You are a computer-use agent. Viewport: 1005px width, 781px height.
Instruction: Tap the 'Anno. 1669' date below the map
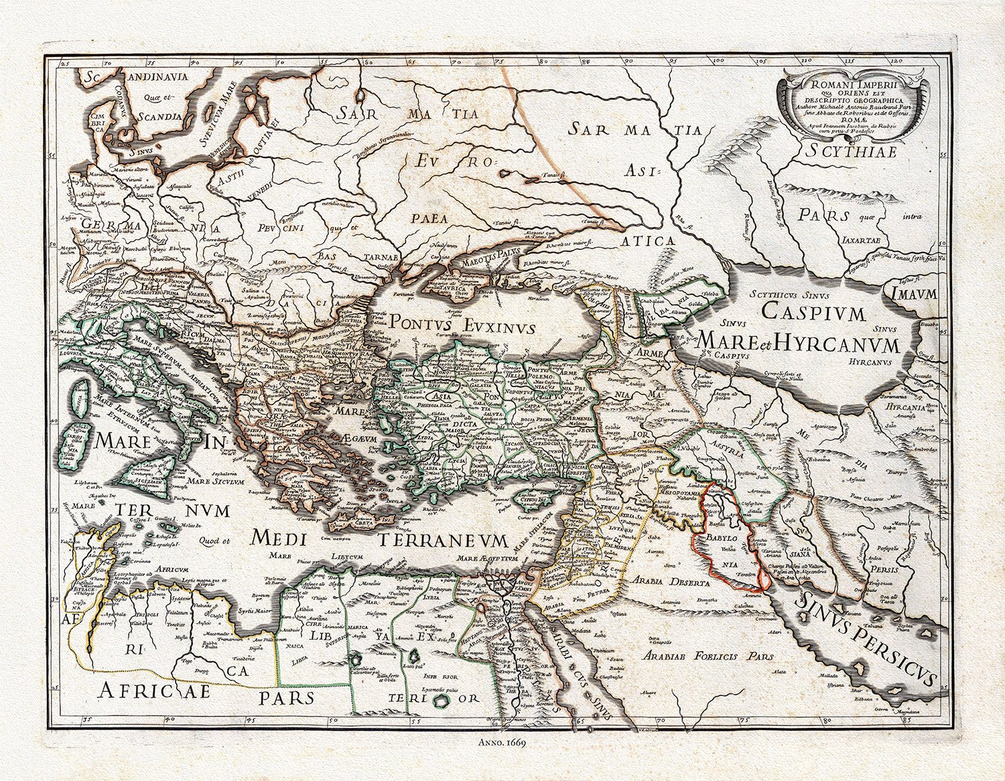[502, 743]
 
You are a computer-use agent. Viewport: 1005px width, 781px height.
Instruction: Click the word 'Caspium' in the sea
[814, 312]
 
